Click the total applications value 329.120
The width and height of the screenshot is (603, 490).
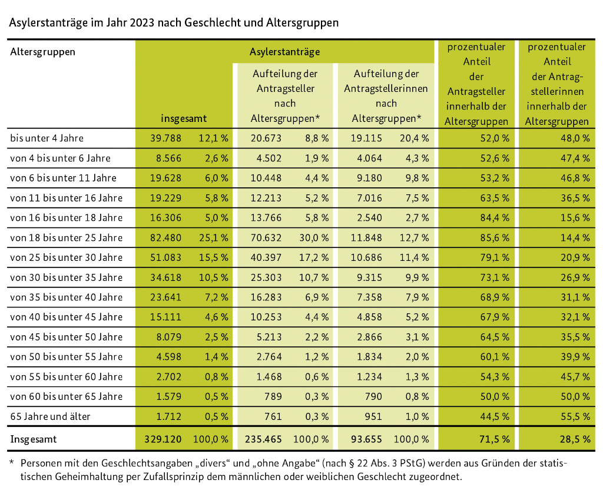167,439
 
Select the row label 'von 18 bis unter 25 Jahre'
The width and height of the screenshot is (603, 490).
67,237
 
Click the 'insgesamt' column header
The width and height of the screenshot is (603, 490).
184,118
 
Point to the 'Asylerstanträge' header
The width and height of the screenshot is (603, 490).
285,52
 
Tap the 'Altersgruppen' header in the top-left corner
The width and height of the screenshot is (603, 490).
43,52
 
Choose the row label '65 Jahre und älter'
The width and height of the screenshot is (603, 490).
51,416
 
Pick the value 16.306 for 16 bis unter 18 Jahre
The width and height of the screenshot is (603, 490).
167,217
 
